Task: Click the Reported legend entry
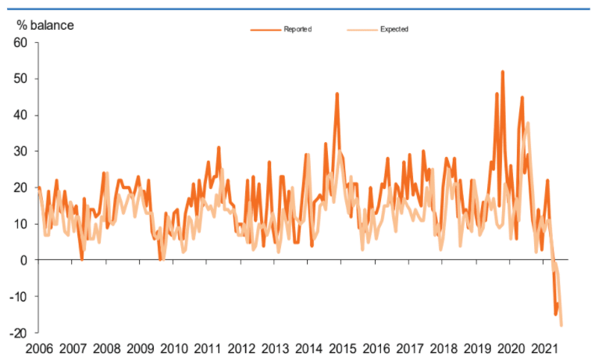(297, 30)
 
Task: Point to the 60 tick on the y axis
(21, 42)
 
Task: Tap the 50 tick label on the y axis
(21, 79)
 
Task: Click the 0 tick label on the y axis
(24, 260)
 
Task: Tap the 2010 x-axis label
(173, 349)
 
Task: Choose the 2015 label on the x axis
(343, 349)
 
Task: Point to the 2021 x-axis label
(546, 349)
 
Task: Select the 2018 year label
(444, 349)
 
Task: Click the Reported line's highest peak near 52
(502, 72)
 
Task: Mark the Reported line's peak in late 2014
(337, 94)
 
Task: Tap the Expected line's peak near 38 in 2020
(528, 123)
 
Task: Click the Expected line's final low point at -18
(561, 325)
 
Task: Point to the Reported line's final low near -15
(555, 314)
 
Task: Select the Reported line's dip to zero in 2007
(82, 259)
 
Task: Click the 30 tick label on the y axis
(21, 151)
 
